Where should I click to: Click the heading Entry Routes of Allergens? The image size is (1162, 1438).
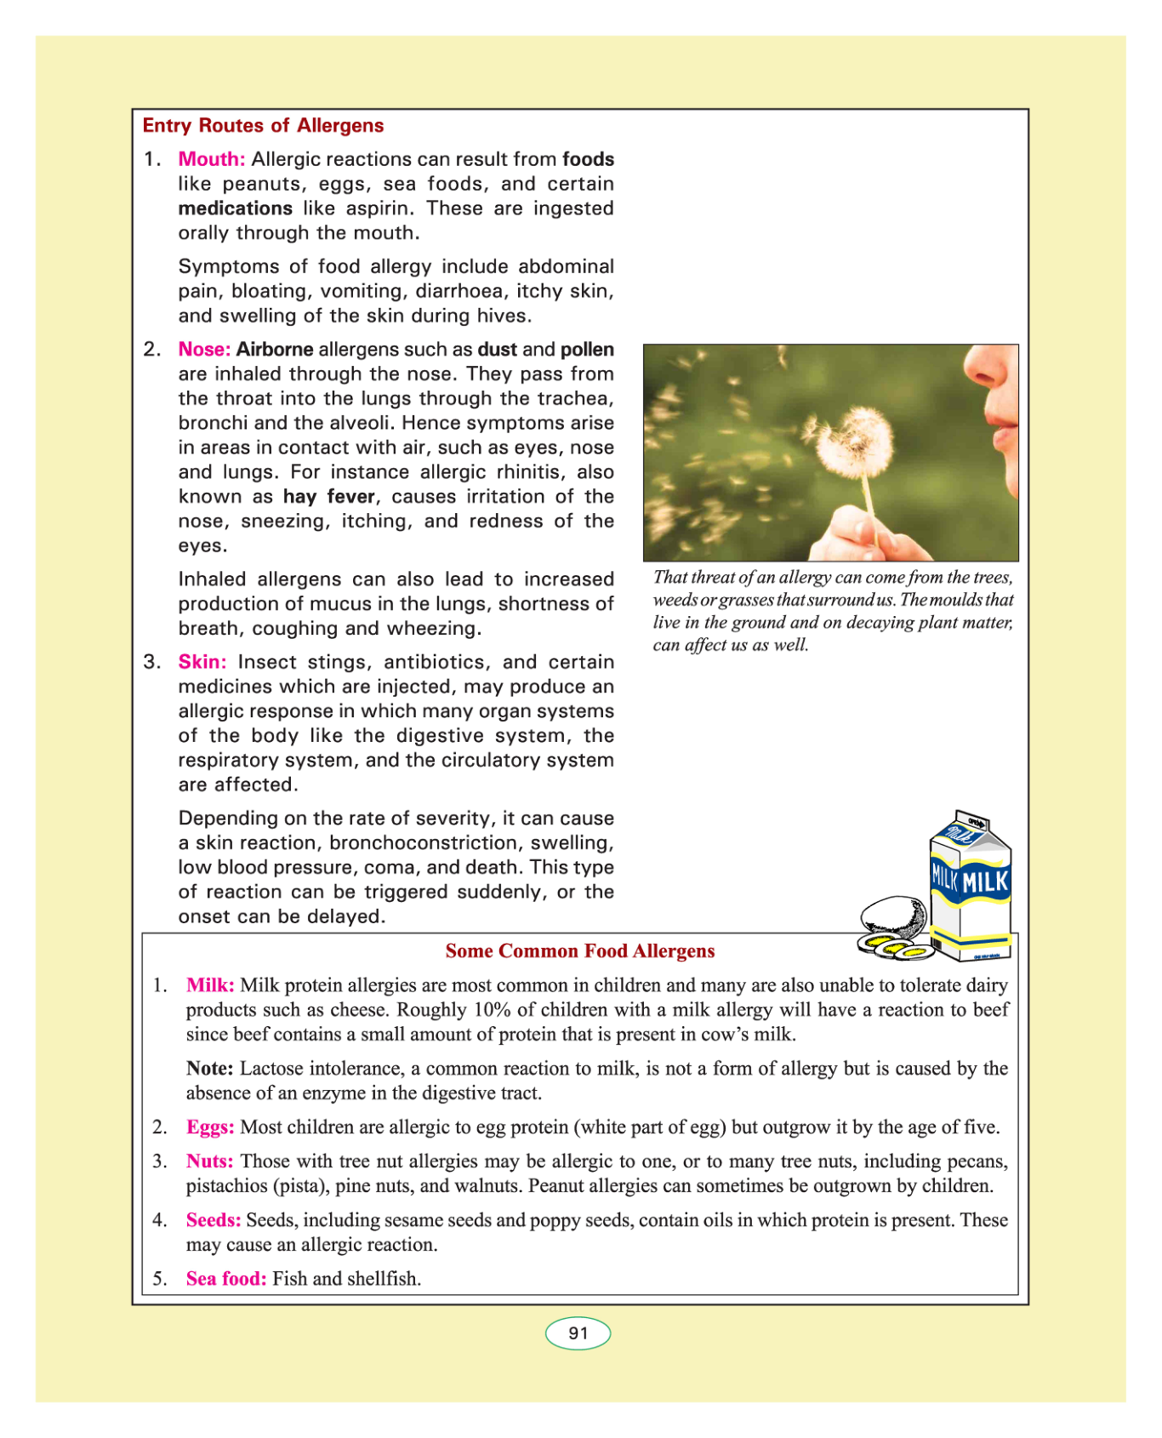point(263,126)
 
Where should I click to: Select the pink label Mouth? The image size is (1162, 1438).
point(212,159)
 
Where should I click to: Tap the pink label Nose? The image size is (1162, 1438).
point(204,349)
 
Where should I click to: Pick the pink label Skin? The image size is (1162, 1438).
point(202,662)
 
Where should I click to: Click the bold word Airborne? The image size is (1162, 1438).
point(275,349)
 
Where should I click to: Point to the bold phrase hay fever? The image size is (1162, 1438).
point(329,497)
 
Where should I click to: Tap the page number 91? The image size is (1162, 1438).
point(578,1333)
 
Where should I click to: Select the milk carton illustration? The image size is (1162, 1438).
point(970,885)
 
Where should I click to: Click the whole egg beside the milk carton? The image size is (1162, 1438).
point(893,918)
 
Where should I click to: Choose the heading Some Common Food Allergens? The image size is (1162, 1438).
point(580,951)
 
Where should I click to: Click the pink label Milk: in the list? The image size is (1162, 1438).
point(210,985)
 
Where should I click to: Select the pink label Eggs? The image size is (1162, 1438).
point(210,1127)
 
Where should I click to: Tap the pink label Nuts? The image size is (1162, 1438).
point(209,1161)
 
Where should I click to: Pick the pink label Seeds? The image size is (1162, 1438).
point(214,1220)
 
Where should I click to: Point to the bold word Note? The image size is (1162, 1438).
point(210,1069)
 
